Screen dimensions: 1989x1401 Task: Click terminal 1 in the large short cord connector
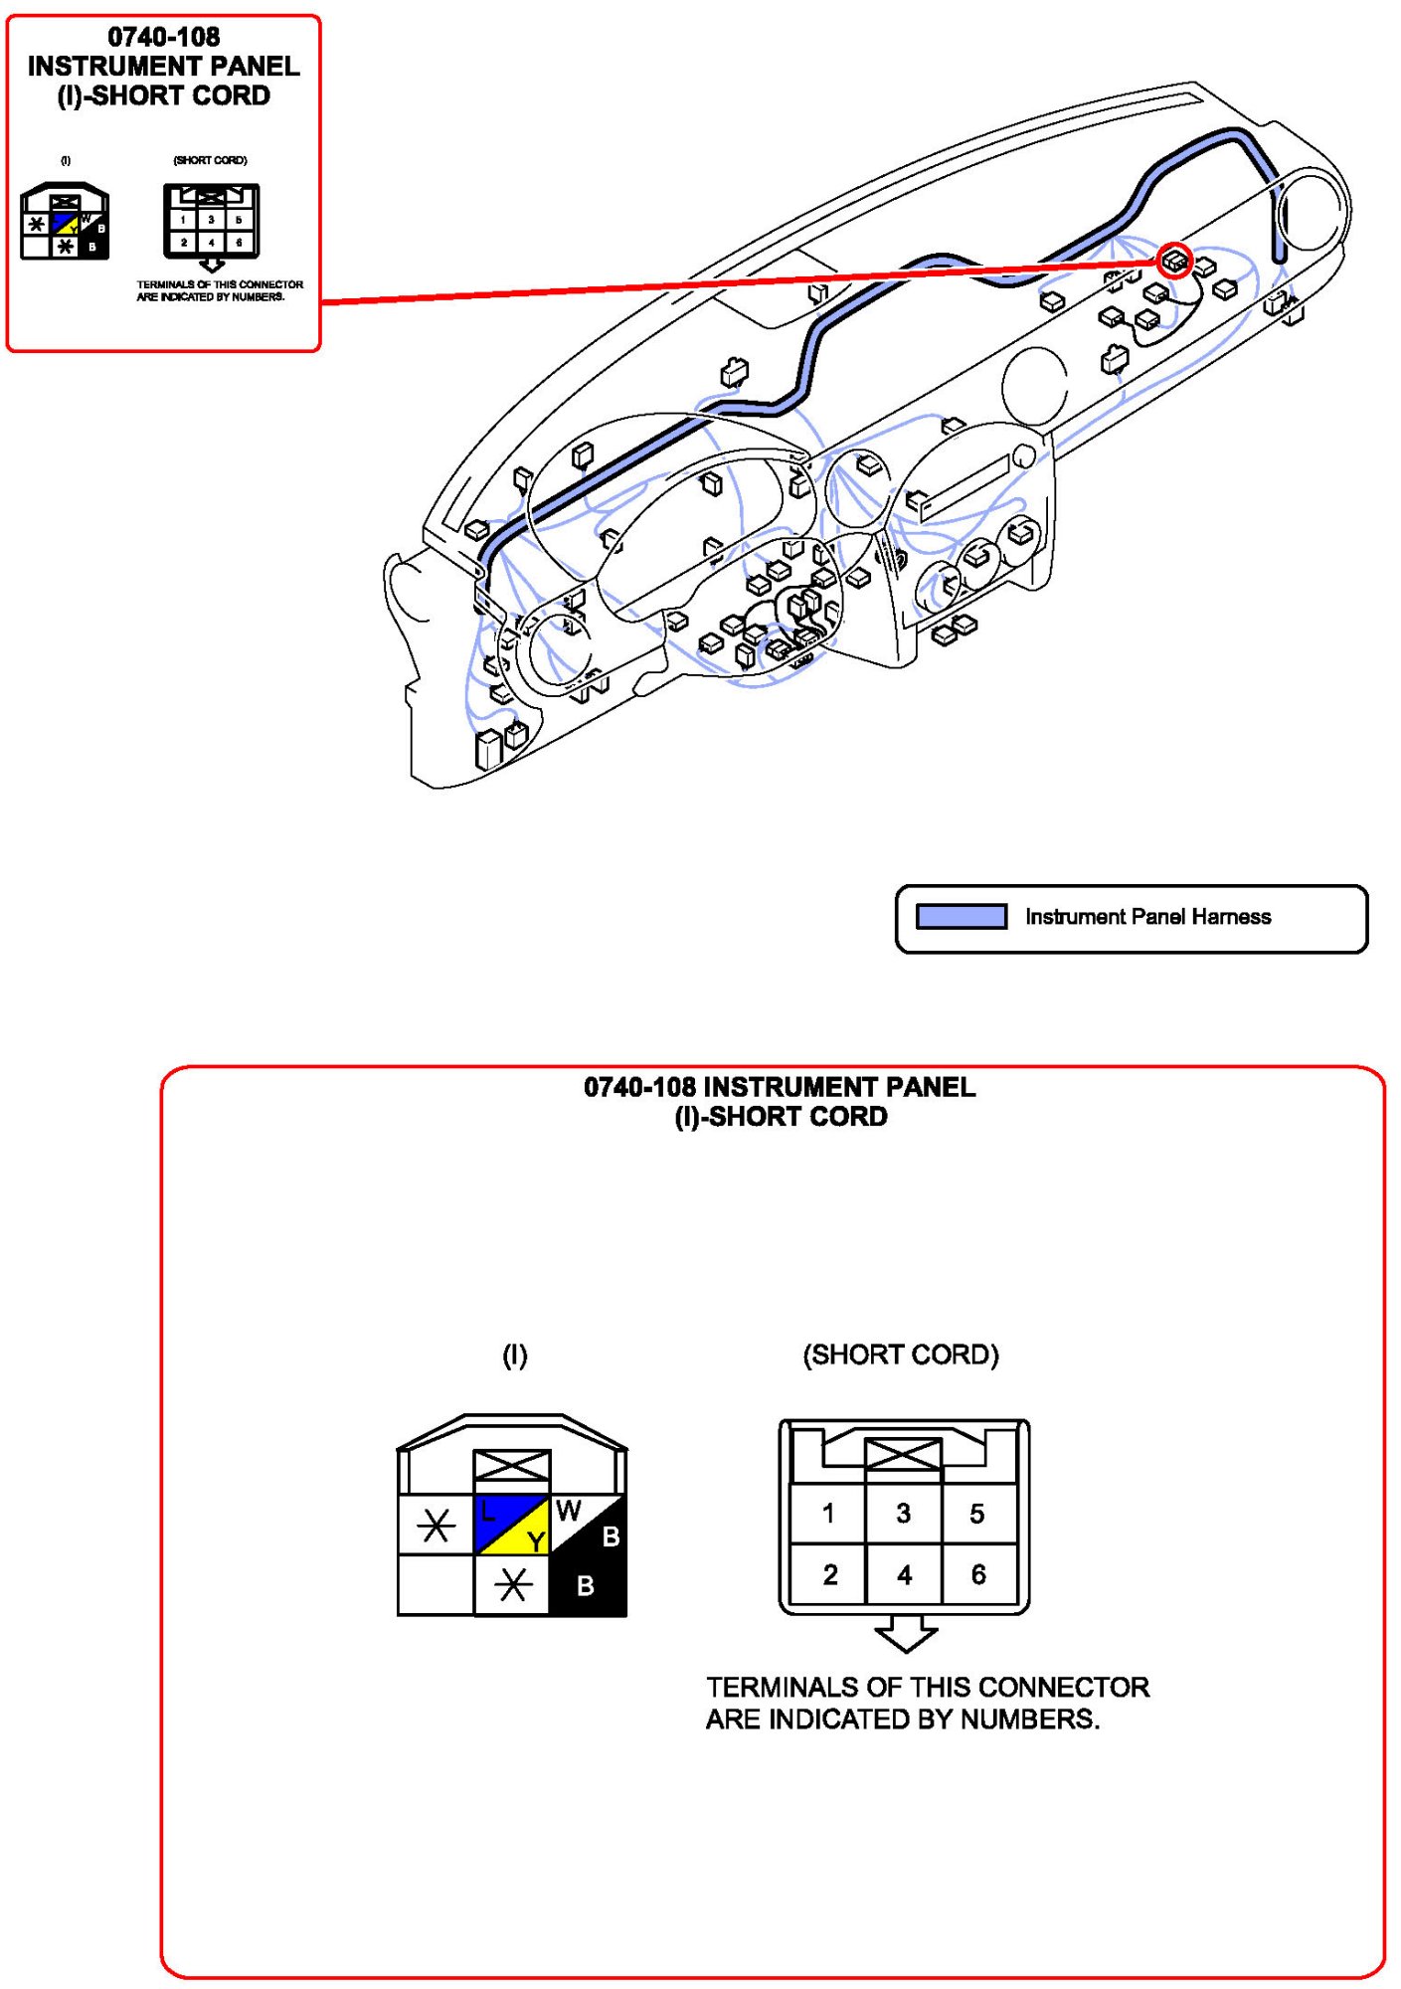[827, 1514]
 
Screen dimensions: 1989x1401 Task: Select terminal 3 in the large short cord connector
[903, 1514]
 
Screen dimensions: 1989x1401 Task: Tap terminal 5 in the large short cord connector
[977, 1514]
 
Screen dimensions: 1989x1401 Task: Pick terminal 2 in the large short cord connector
[829, 1574]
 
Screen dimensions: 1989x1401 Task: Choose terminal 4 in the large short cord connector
[904, 1574]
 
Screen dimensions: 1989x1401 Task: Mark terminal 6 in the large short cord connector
[978, 1574]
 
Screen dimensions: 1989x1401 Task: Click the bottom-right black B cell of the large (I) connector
[587, 1585]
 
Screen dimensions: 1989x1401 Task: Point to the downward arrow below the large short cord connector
[905, 1633]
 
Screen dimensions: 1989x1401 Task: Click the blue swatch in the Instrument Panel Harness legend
[961, 917]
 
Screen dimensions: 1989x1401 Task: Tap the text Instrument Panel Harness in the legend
[1147, 917]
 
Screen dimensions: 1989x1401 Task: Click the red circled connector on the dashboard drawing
[1174, 261]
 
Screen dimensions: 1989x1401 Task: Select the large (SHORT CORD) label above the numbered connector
[900, 1355]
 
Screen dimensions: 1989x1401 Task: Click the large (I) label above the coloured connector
[514, 1355]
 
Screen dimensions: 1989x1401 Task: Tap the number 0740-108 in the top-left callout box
[164, 37]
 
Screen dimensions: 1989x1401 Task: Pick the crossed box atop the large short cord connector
[903, 1455]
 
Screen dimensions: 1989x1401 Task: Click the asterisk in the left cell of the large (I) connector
[436, 1525]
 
